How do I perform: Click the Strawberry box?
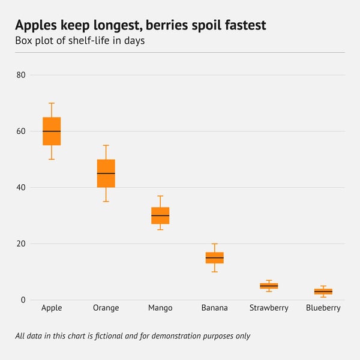click(x=269, y=286)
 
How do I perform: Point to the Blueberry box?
click(x=323, y=292)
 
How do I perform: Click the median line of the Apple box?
click(x=52, y=131)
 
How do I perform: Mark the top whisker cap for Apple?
click(x=52, y=103)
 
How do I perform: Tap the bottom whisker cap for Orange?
click(x=106, y=202)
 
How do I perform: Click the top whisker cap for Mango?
click(x=160, y=196)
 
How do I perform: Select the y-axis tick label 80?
click(x=21, y=75)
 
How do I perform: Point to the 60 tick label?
click(x=21, y=131)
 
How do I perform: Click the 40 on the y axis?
click(x=21, y=187)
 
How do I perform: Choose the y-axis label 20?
click(x=21, y=244)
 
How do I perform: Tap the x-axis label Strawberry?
click(x=269, y=308)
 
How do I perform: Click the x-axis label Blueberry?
click(x=323, y=308)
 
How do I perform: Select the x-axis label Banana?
click(x=215, y=308)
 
